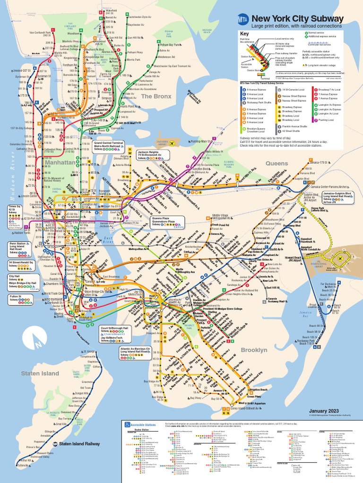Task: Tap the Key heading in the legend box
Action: [x=244, y=34]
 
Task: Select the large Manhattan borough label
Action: [x=60, y=162]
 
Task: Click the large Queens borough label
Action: [x=277, y=164]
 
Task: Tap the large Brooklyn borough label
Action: [x=254, y=350]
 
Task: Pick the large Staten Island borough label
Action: [x=40, y=373]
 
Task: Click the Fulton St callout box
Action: [x=17, y=298]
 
